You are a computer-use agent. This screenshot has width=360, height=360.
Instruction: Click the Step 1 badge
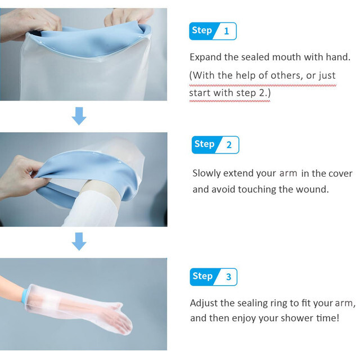[213, 31]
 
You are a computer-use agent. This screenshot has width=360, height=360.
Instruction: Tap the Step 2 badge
[215, 145]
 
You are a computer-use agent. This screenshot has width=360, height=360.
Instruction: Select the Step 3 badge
[213, 277]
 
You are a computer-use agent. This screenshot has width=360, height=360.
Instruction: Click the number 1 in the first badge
[226, 31]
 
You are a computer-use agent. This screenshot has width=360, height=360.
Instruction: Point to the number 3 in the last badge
[228, 277]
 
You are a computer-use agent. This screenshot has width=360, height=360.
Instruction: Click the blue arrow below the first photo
[79, 116]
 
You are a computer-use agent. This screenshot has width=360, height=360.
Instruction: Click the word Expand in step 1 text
[206, 57]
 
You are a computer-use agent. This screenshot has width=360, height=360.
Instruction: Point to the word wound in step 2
[314, 190]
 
